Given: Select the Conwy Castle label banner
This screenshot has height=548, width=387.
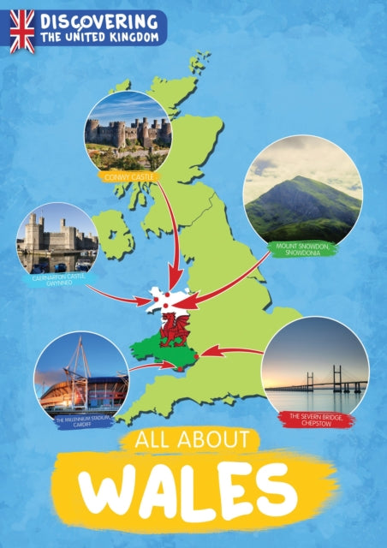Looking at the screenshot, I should tap(126, 176).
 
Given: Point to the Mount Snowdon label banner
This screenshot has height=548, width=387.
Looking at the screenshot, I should tap(303, 250).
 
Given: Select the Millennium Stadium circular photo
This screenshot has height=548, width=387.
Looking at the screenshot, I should tap(81, 377).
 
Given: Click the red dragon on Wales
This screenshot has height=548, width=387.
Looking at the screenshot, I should tap(175, 329).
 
